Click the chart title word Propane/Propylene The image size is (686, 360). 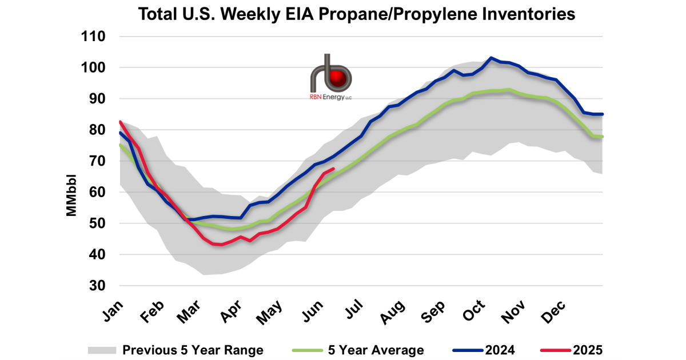380,14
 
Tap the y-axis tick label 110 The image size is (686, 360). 94,37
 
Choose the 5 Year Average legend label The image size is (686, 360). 376,350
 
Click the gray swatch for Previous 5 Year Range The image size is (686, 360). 102,350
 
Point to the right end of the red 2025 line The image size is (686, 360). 333,169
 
